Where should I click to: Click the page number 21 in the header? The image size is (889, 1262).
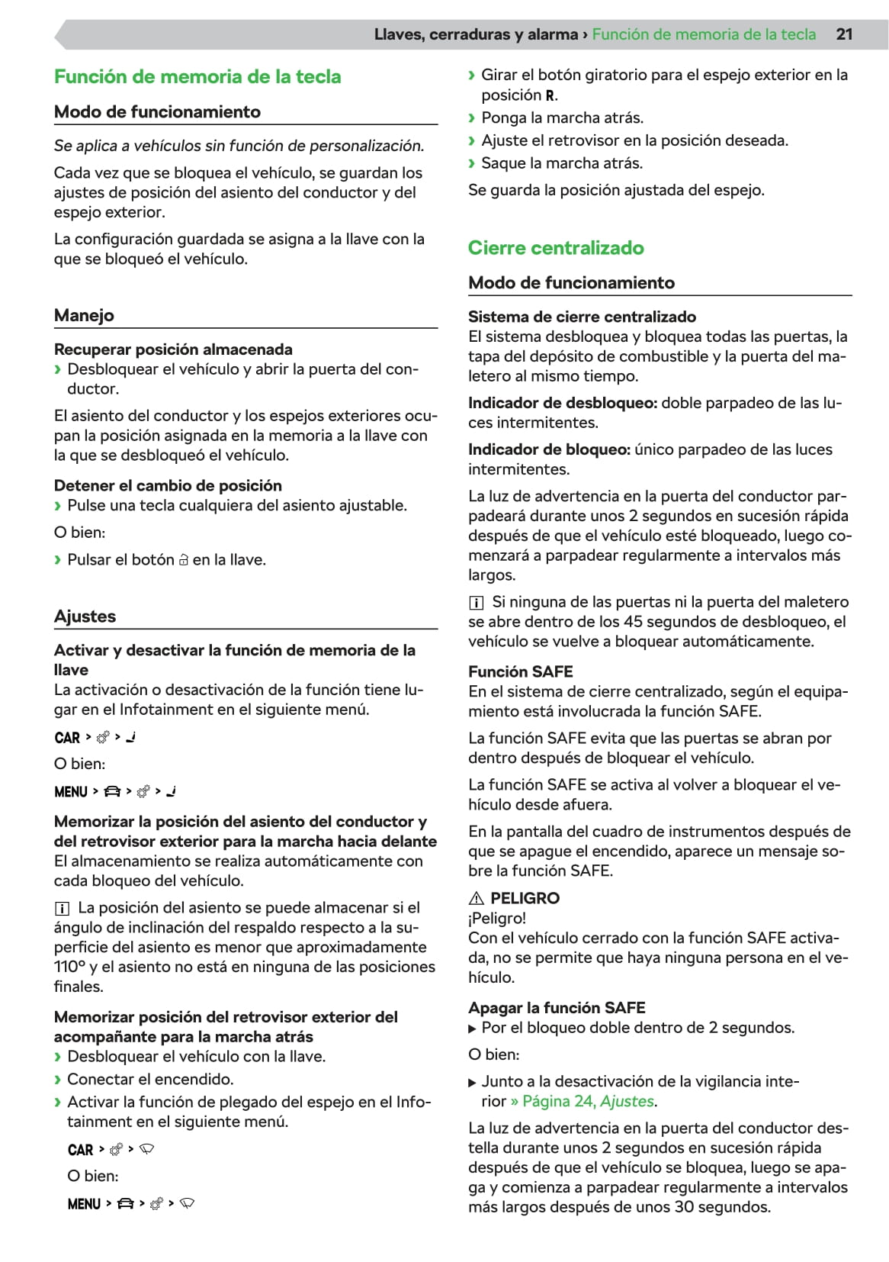click(x=844, y=34)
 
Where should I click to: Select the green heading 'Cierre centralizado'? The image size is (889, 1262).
click(x=556, y=248)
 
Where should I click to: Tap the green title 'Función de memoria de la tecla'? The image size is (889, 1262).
click(x=197, y=77)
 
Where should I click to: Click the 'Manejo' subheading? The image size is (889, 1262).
click(x=84, y=315)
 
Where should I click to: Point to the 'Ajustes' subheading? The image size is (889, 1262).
click(x=85, y=617)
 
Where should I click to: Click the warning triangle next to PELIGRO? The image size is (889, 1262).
click(x=477, y=898)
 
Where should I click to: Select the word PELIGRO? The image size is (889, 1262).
click(x=525, y=898)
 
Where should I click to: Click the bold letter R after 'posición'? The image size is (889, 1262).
click(x=550, y=96)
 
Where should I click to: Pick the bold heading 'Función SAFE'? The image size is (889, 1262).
click(x=521, y=671)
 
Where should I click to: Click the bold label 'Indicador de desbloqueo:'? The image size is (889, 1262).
click(x=563, y=403)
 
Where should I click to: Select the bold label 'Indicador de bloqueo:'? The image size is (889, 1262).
click(x=549, y=449)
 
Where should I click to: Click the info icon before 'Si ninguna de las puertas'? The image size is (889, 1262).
click(x=476, y=603)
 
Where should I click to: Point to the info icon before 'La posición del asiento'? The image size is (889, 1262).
click(x=62, y=908)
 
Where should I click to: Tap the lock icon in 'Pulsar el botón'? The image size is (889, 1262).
click(x=183, y=560)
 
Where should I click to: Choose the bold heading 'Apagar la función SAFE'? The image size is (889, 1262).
click(x=557, y=1008)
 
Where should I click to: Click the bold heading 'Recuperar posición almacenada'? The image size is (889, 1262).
click(x=173, y=349)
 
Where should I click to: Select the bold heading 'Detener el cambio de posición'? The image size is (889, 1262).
click(x=168, y=486)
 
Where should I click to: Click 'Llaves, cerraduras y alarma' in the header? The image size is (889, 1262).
click(x=476, y=34)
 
